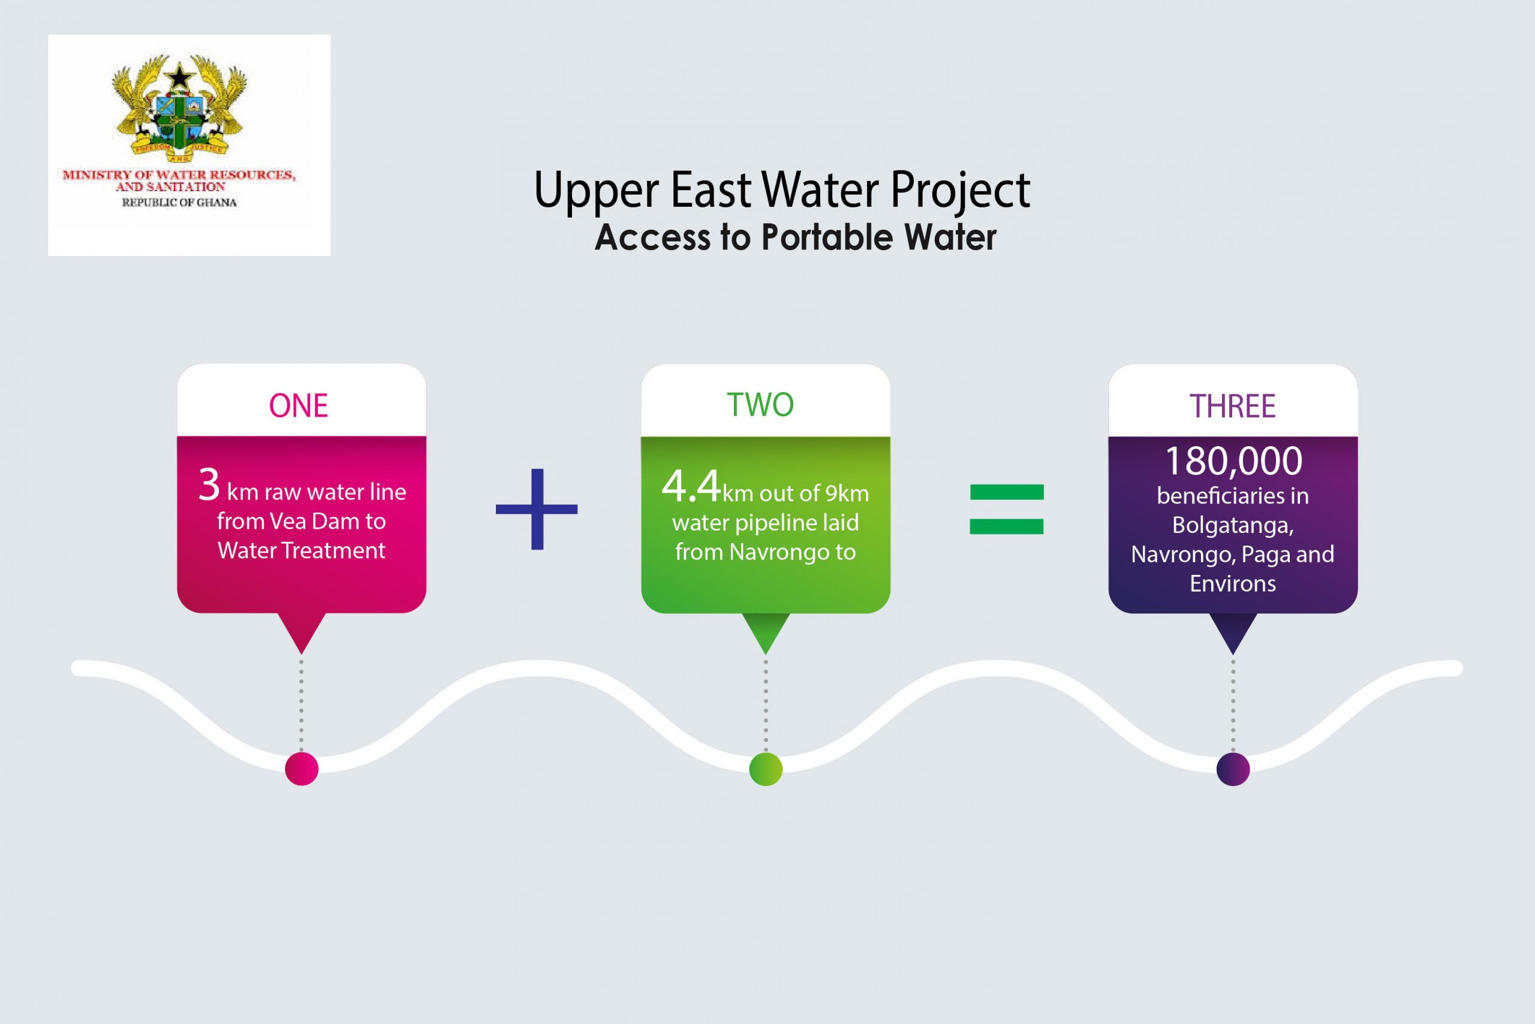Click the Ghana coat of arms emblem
[179, 108]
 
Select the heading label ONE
[299, 405]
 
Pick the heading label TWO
[760, 405]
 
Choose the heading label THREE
[1232, 406]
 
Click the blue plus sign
[536, 509]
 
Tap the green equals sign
[1007, 509]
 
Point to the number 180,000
[1233, 461]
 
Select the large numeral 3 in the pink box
[209, 485]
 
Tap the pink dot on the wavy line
[302, 769]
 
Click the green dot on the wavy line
[766, 769]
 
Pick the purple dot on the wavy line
[1233, 769]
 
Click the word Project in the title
[959, 191]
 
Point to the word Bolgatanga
[1233, 525]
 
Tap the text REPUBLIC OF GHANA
[179, 203]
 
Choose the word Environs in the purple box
[1233, 583]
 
